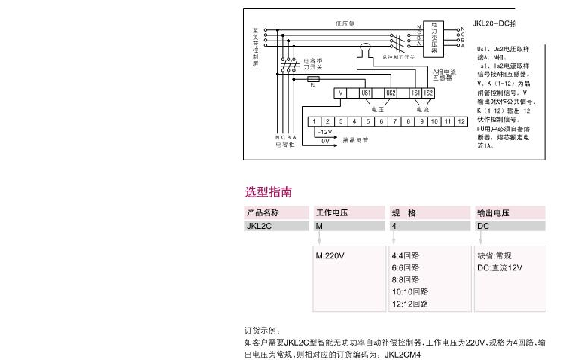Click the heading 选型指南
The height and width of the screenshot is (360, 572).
click(x=269, y=192)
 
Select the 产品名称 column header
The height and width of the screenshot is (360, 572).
click(x=263, y=213)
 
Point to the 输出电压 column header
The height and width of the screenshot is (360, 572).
click(x=494, y=213)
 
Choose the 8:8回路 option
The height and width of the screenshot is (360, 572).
click(x=406, y=279)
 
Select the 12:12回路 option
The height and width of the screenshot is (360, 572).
click(x=409, y=304)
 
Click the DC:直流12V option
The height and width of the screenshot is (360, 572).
click(x=500, y=267)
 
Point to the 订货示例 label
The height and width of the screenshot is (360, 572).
click(x=262, y=331)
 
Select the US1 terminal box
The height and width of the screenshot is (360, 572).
click(x=366, y=93)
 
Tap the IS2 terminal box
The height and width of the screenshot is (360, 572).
click(x=428, y=93)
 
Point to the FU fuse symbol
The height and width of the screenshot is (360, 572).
click(x=312, y=78)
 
